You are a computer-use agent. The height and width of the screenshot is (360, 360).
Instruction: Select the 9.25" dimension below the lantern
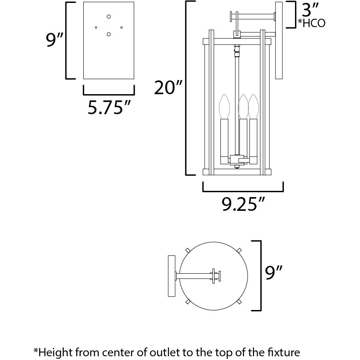click(x=243, y=204)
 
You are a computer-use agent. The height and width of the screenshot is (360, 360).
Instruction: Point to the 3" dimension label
click(x=310, y=9)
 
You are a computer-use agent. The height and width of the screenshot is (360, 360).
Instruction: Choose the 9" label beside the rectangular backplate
click(x=55, y=40)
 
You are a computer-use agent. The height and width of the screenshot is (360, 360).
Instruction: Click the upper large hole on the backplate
click(x=109, y=17)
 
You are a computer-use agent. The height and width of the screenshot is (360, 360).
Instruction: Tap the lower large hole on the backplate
click(x=109, y=35)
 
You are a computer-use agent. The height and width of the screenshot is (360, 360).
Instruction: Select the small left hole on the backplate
click(x=96, y=27)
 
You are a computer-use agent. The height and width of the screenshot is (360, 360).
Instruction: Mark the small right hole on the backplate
click(x=122, y=27)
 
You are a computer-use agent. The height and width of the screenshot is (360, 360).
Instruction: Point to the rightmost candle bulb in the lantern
click(x=253, y=106)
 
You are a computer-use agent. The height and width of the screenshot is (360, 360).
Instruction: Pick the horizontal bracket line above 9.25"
click(x=243, y=191)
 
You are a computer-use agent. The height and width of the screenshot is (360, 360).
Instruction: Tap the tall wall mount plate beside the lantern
click(x=279, y=40)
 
